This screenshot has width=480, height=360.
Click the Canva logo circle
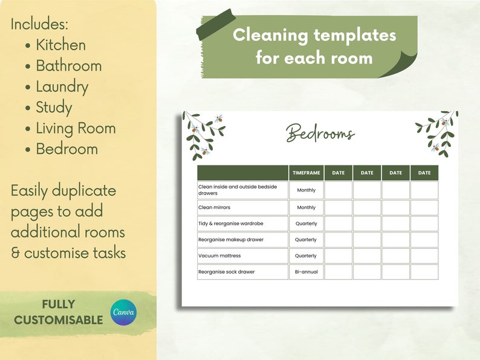pyautogui.click(x=124, y=313)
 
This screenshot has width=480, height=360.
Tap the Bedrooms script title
pyautogui.click(x=320, y=133)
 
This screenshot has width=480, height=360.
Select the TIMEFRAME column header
pyautogui.click(x=306, y=173)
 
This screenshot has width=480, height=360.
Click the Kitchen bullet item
pyautogui.click(x=60, y=45)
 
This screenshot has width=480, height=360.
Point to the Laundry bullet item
pyautogui.click(x=62, y=86)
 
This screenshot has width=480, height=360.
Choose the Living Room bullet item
pyautogui.click(x=76, y=128)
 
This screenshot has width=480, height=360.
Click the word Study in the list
pyautogui.click(x=54, y=108)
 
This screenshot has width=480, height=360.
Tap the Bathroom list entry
pyautogui.click(x=68, y=66)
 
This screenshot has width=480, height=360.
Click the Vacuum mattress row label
pyautogui.click(x=219, y=256)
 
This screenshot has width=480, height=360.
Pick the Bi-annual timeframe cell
pyautogui.click(x=306, y=272)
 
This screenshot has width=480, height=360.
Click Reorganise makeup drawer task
pyautogui.click(x=231, y=240)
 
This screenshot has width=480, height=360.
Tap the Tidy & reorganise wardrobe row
pyautogui.click(x=231, y=223)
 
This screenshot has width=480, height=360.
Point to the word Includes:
pyautogui.click(x=40, y=24)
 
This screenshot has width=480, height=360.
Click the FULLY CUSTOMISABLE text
pyautogui.click(x=59, y=312)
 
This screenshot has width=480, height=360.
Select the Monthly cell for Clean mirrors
pyautogui.click(x=306, y=207)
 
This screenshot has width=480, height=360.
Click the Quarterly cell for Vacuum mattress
pyautogui.click(x=306, y=256)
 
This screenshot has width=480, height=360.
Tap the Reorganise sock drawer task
pyautogui.click(x=227, y=272)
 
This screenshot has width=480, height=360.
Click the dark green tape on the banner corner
pyautogui.click(x=216, y=25)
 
